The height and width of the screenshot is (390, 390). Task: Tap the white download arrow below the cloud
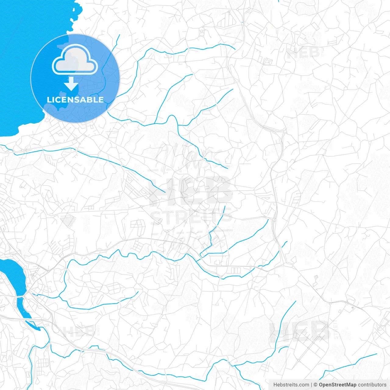click(x=71, y=84)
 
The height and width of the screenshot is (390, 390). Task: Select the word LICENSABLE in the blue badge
click(x=75, y=100)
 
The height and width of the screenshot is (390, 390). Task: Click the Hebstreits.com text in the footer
click(x=291, y=385)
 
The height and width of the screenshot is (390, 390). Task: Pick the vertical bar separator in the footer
click(x=311, y=385)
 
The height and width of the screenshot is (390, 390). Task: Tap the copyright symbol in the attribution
click(x=315, y=385)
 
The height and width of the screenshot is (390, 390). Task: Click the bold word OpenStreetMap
click(x=338, y=385)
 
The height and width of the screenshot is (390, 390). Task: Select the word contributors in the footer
click(x=372, y=385)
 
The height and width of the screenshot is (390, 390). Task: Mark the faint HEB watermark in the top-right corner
click(x=303, y=53)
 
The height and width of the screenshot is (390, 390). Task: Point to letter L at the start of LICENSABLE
click(x=49, y=100)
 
